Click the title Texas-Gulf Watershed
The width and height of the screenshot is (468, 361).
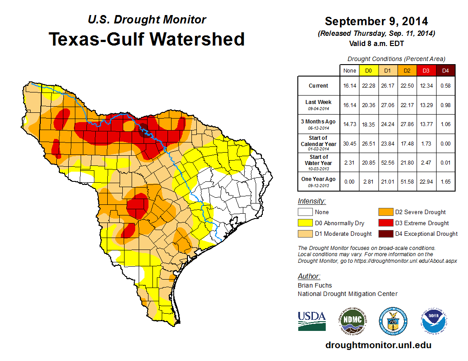click(x=146, y=39)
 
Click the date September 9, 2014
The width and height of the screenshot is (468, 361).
click(x=376, y=21)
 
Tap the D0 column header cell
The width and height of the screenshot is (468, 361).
click(x=368, y=70)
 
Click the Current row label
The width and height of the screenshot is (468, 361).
click(x=319, y=86)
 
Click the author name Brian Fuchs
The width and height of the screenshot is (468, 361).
click(x=315, y=285)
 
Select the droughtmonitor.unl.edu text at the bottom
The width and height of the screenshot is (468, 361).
click(x=378, y=345)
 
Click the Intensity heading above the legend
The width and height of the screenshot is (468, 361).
click(x=312, y=201)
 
